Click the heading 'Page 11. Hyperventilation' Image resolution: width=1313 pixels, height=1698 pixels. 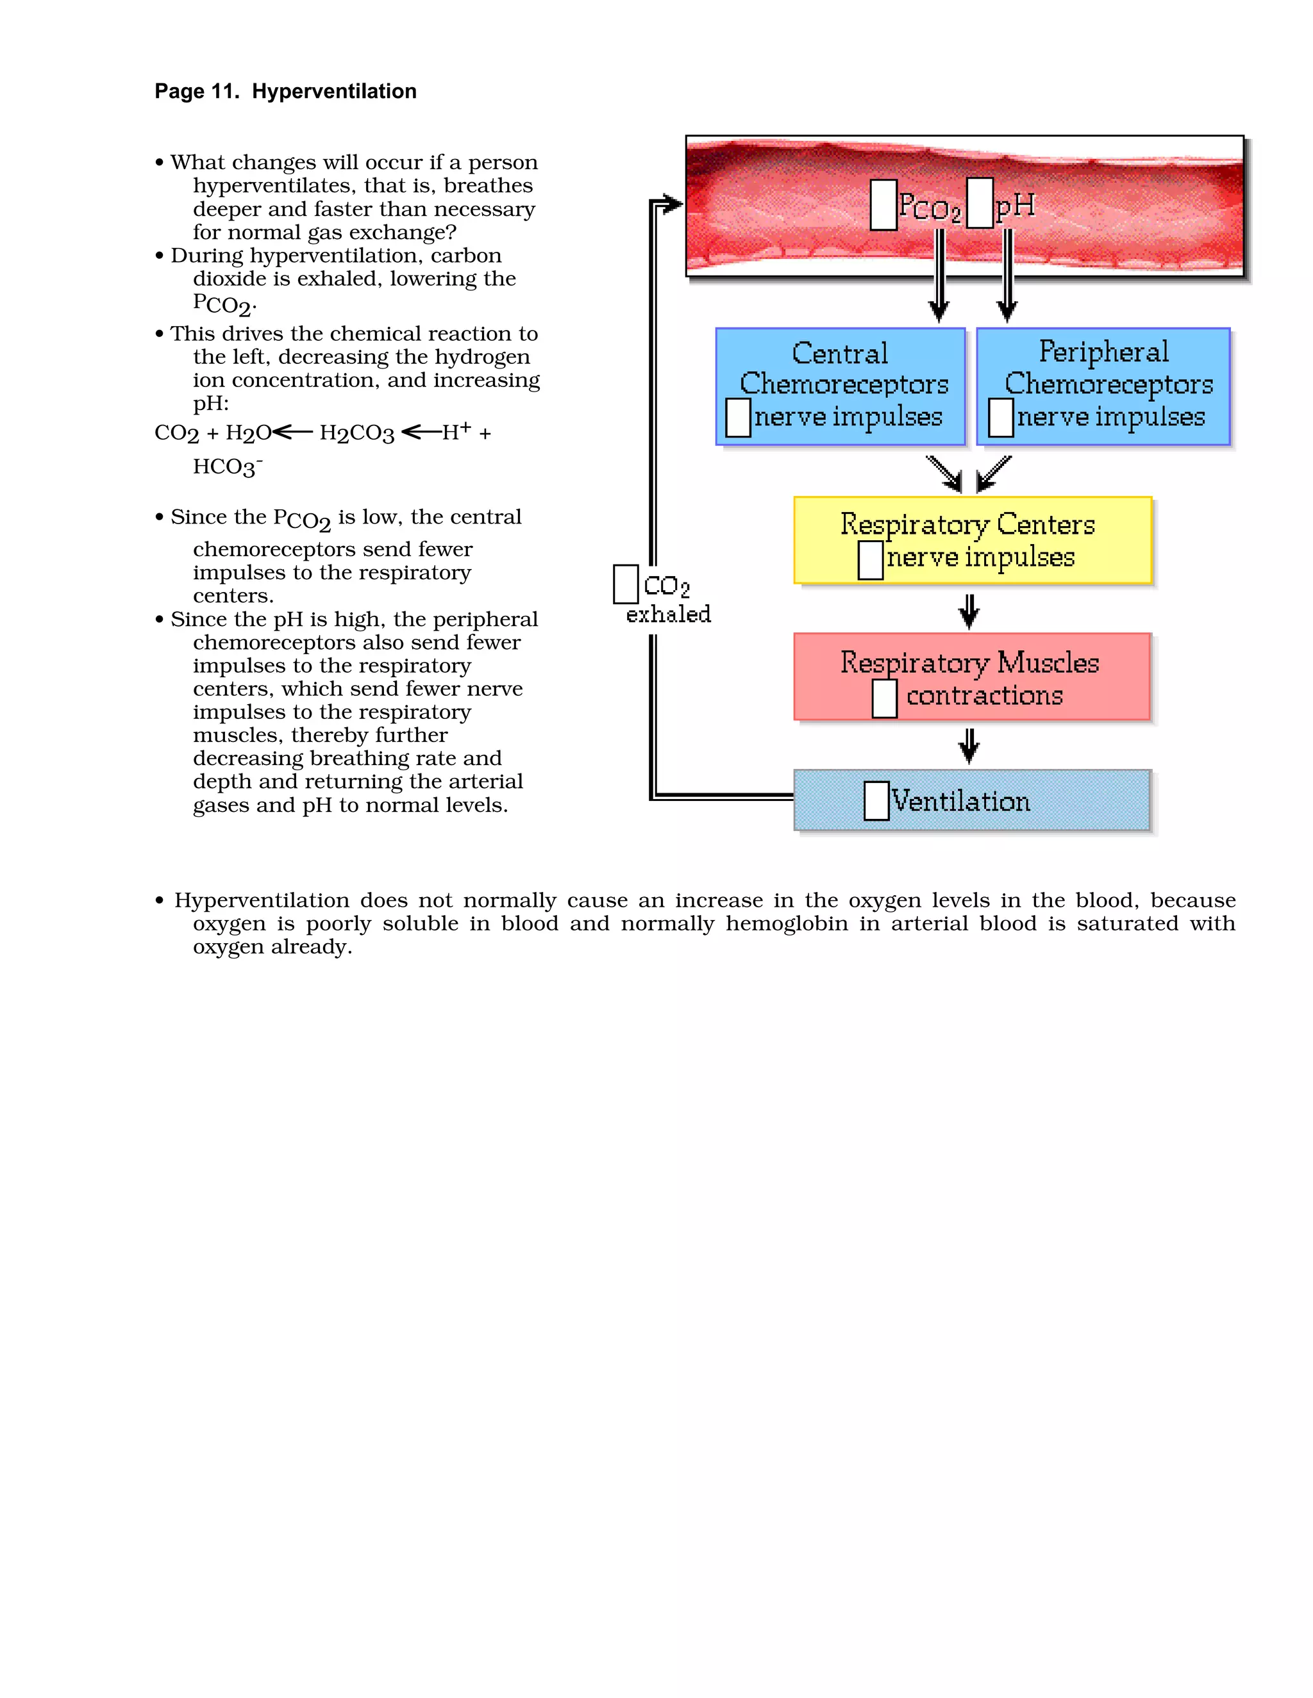285,92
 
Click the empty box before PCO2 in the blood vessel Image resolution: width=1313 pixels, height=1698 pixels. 883,204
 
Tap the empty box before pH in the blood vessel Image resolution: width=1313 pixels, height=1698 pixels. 980,203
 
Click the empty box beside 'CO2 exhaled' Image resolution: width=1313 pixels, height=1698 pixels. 625,584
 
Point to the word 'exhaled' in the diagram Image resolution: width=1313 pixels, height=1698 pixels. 668,615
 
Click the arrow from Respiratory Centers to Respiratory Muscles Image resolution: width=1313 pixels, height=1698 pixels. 969,611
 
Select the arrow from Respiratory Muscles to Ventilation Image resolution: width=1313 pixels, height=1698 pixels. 969,745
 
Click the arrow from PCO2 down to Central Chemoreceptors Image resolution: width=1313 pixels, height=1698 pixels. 939,276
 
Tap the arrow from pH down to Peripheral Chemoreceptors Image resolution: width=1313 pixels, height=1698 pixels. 1007,276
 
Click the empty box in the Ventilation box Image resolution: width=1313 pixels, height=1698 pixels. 876,801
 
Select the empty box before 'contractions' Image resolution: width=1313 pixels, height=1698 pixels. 883,698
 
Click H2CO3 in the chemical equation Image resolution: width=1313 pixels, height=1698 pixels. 357,433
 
